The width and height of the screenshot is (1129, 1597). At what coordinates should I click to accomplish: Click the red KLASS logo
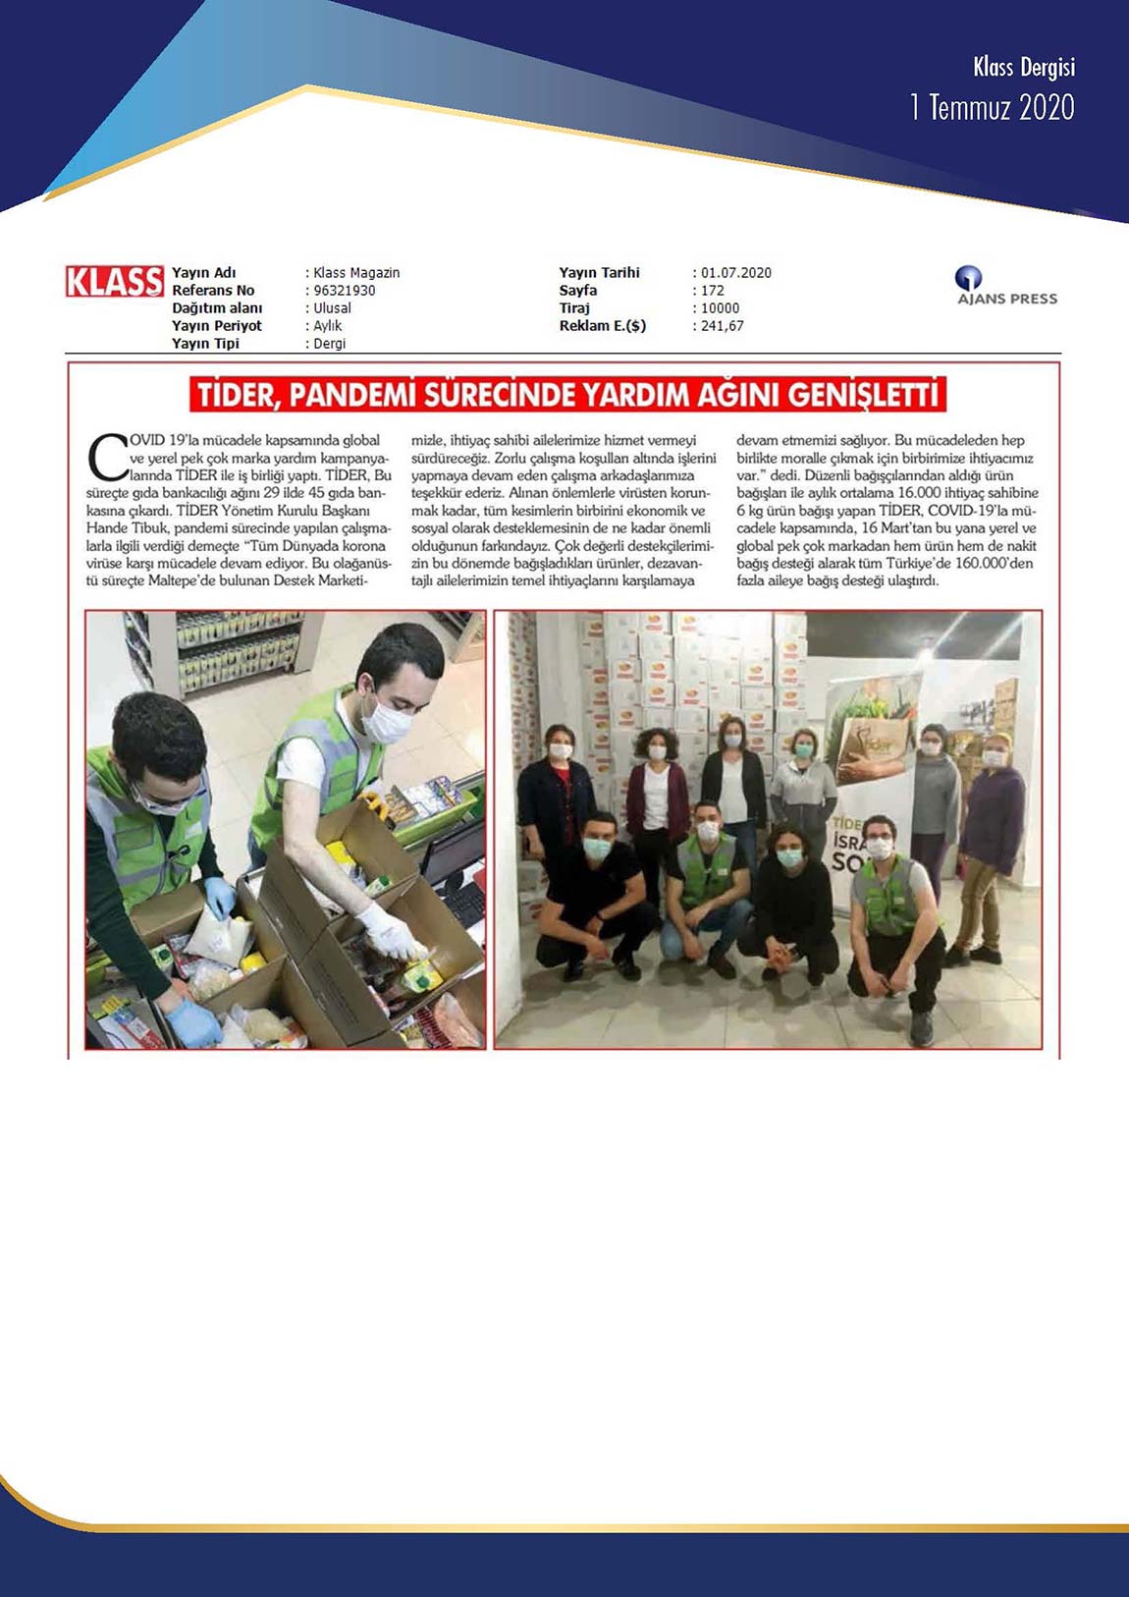click(114, 282)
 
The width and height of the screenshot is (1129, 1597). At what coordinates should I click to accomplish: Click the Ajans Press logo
click(1006, 287)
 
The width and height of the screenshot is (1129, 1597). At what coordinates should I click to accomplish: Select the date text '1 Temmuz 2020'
click(992, 107)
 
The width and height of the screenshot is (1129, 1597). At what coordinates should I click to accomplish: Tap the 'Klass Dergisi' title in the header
click(1023, 67)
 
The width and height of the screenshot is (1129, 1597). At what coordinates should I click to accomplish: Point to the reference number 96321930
click(344, 291)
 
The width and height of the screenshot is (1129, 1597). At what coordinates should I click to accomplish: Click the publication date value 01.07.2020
click(736, 273)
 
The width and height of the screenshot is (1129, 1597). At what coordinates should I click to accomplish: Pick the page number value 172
click(713, 291)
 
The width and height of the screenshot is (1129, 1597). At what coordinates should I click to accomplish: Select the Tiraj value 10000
click(721, 308)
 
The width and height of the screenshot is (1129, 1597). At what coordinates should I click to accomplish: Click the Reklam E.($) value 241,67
click(723, 326)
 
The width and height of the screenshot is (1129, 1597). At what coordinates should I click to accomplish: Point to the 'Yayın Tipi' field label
click(205, 344)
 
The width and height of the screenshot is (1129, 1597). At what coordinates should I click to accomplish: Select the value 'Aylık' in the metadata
click(328, 326)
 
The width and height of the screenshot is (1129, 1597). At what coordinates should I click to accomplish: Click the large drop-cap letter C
click(107, 457)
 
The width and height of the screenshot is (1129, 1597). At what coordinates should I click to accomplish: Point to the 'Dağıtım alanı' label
click(217, 308)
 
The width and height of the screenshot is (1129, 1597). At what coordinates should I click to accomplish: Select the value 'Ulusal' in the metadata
click(332, 308)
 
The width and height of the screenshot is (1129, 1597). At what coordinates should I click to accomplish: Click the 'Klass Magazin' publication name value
click(356, 273)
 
